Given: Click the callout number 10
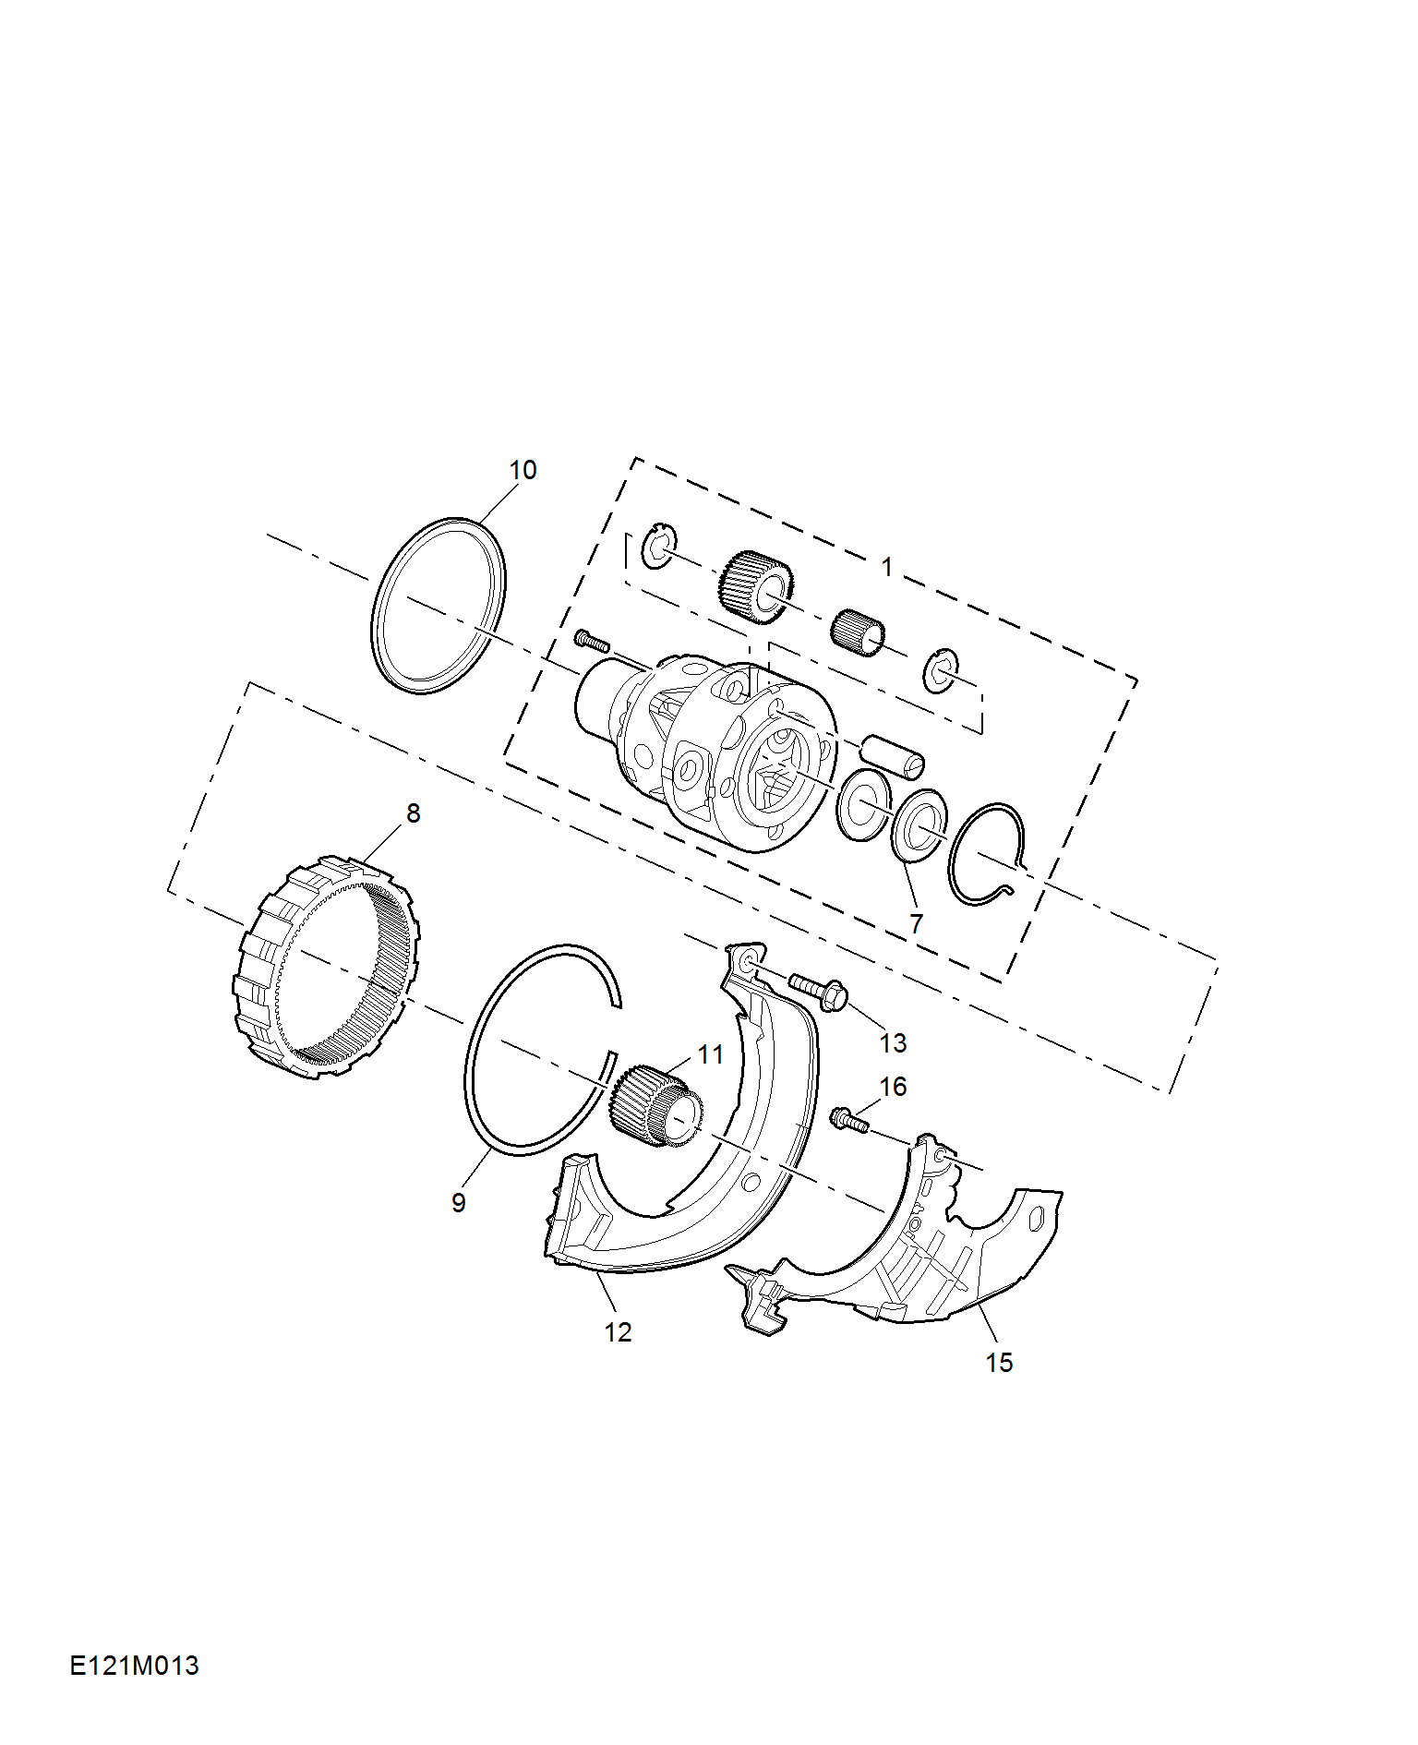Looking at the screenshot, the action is pos(523,470).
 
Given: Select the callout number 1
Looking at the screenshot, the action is pos(887,567).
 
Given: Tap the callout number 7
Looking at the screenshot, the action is pos(916,923).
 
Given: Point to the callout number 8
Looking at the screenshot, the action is pos(413,813).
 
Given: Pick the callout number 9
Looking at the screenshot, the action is pos(459,1203).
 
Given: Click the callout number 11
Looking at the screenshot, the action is pos(711,1054).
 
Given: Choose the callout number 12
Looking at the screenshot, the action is pos(618,1332).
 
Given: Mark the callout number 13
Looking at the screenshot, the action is pos(893,1043).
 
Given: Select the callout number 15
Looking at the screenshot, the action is pos(999,1363).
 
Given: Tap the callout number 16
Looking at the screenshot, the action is pos(893,1087).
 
